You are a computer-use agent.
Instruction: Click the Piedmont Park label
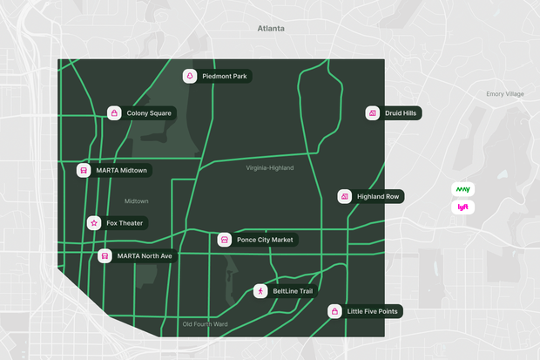225,77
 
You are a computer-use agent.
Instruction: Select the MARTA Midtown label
121,170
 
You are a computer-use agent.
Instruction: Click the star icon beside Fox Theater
94,223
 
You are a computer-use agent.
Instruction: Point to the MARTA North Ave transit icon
105,256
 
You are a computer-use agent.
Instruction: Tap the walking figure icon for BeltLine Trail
260,291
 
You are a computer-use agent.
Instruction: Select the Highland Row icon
345,197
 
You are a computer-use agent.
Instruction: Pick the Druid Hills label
401,113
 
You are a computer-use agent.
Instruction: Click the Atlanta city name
271,29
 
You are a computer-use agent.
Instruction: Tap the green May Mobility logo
462,189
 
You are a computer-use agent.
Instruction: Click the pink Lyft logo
462,207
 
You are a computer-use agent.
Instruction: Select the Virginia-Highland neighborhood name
270,168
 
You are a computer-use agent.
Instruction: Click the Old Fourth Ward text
205,325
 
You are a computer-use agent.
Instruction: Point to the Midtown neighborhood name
137,201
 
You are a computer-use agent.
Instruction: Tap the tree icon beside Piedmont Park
189,77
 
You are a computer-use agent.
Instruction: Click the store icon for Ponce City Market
224,240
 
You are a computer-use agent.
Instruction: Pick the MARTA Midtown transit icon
84,170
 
